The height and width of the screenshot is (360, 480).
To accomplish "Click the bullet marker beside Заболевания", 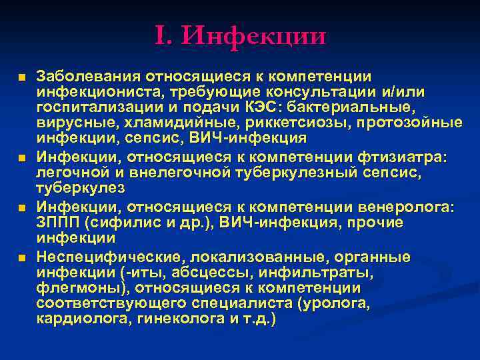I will click(x=23, y=78).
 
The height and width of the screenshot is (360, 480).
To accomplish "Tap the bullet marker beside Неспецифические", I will click(x=23, y=258).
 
